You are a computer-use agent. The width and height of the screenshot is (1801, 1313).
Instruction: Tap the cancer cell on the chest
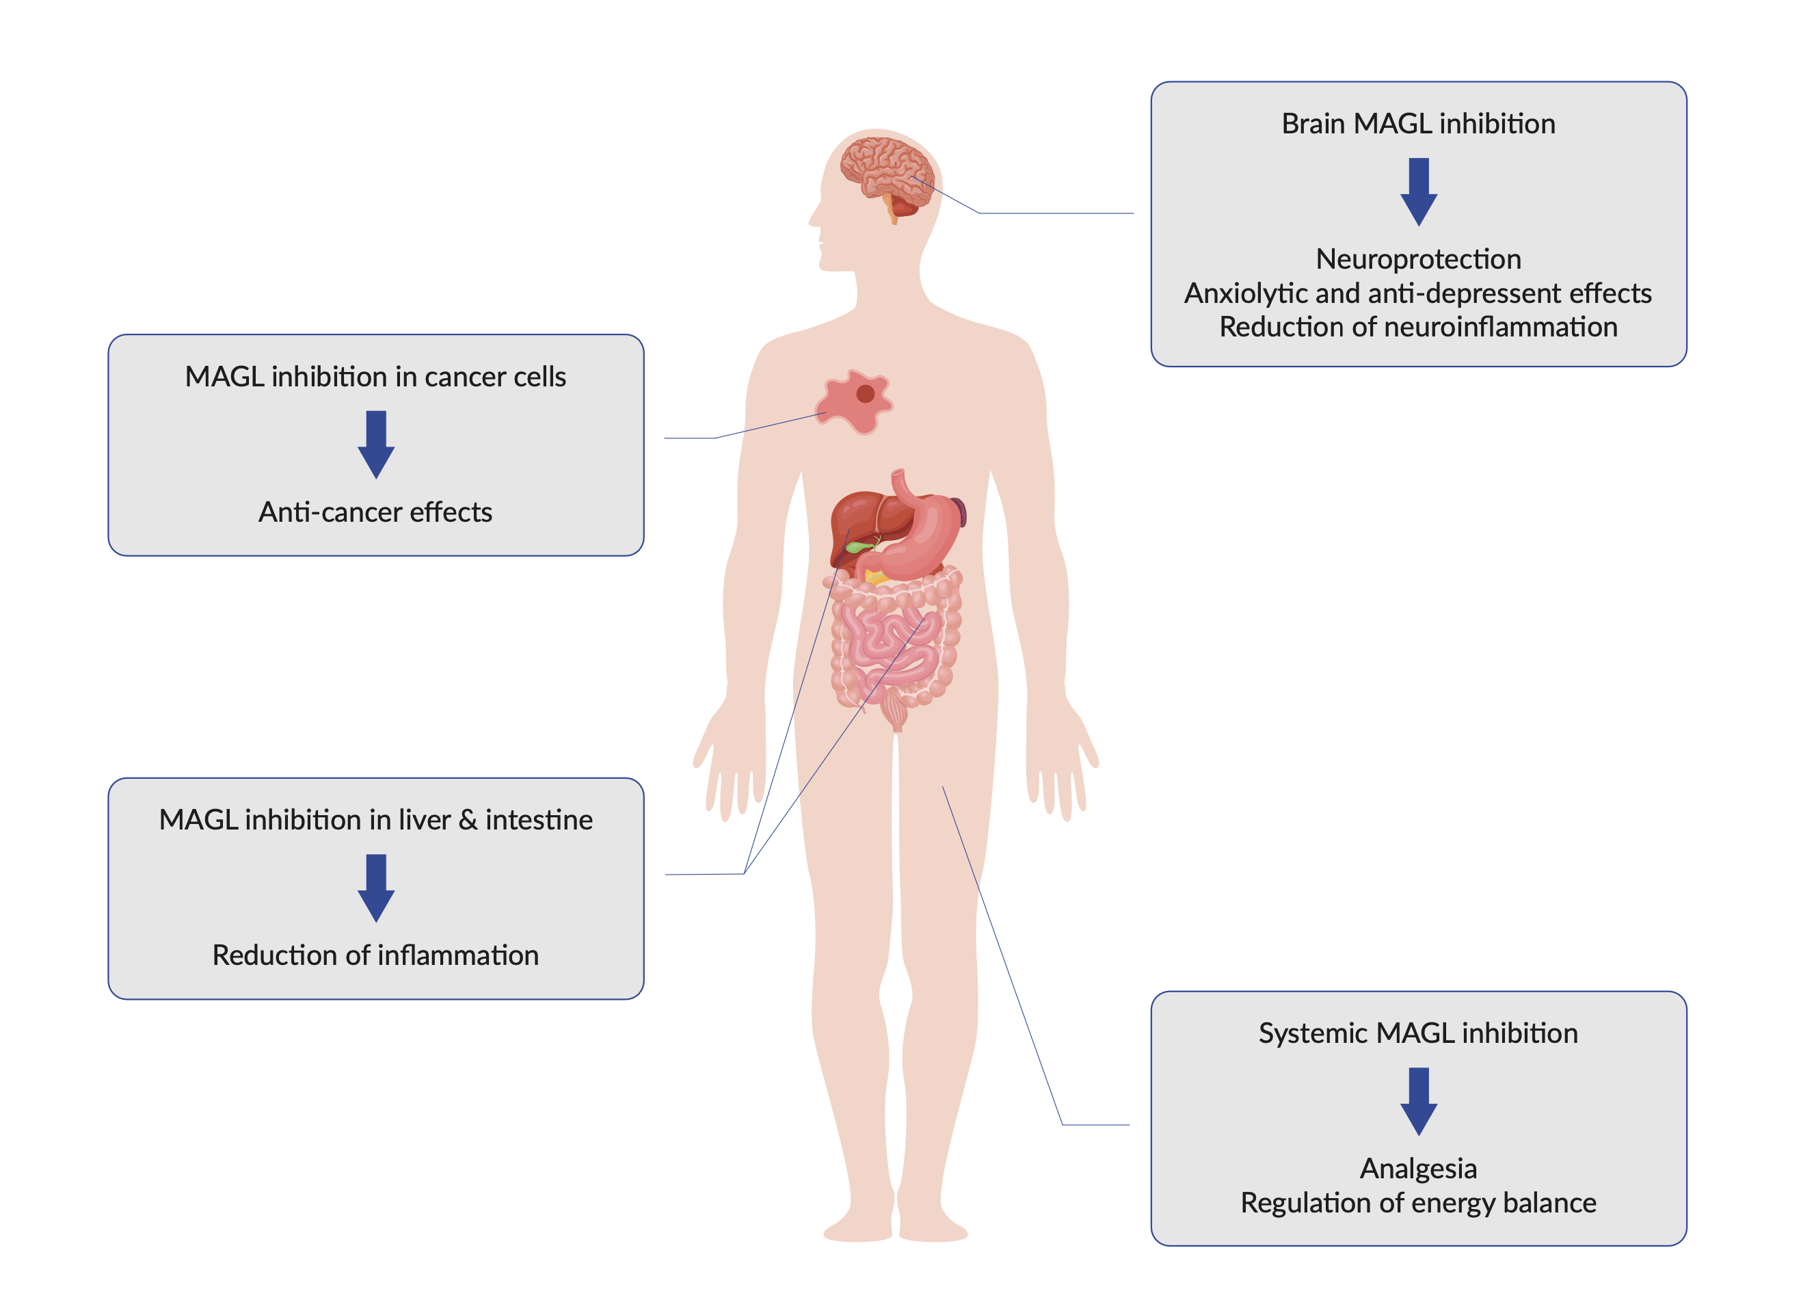[854, 401]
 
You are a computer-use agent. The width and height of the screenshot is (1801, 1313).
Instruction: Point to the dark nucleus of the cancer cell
[865, 393]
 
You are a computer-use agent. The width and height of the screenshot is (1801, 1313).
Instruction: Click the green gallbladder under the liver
[858, 547]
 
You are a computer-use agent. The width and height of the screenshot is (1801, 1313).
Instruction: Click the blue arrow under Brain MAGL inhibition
[1418, 191]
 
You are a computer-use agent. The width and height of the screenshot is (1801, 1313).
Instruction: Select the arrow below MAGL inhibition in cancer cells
[376, 445]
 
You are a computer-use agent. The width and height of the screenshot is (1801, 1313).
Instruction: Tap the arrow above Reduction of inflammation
[376, 888]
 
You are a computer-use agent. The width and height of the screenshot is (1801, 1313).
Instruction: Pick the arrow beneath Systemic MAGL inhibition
[1418, 1102]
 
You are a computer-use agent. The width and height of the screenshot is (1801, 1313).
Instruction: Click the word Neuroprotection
[1418, 259]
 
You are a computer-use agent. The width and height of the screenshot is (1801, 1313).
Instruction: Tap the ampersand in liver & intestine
[469, 819]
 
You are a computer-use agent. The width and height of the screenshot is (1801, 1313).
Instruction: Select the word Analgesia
[1418, 1168]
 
